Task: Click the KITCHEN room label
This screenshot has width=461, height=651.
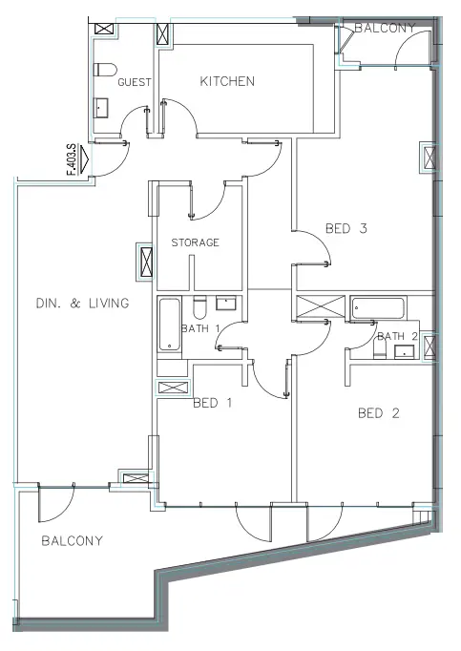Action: [227, 81]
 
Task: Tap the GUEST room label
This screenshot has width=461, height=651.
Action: [135, 82]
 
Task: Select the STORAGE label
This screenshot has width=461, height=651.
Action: [196, 242]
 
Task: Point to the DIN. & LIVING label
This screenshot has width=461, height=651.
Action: [83, 304]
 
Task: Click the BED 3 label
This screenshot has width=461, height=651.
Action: [346, 228]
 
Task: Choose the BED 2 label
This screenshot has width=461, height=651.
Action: [379, 413]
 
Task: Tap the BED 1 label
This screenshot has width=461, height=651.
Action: [213, 403]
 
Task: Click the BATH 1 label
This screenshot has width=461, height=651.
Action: [200, 328]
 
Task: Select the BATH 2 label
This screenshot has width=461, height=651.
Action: [397, 336]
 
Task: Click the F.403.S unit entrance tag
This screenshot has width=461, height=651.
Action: [72, 159]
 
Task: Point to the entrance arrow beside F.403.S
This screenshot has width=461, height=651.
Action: [85, 159]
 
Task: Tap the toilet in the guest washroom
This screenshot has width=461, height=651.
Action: [105, 70]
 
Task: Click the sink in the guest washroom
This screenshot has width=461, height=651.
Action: [100, 109]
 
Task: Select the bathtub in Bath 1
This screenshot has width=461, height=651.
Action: [170, 325]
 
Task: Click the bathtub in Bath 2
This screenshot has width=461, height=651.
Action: [378, 308]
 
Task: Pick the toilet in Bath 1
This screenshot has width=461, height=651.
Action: [200, 306]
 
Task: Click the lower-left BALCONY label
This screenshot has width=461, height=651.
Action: [73, 541]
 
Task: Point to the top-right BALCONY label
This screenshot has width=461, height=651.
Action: [385, 28]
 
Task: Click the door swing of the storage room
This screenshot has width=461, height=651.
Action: [211, 203]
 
